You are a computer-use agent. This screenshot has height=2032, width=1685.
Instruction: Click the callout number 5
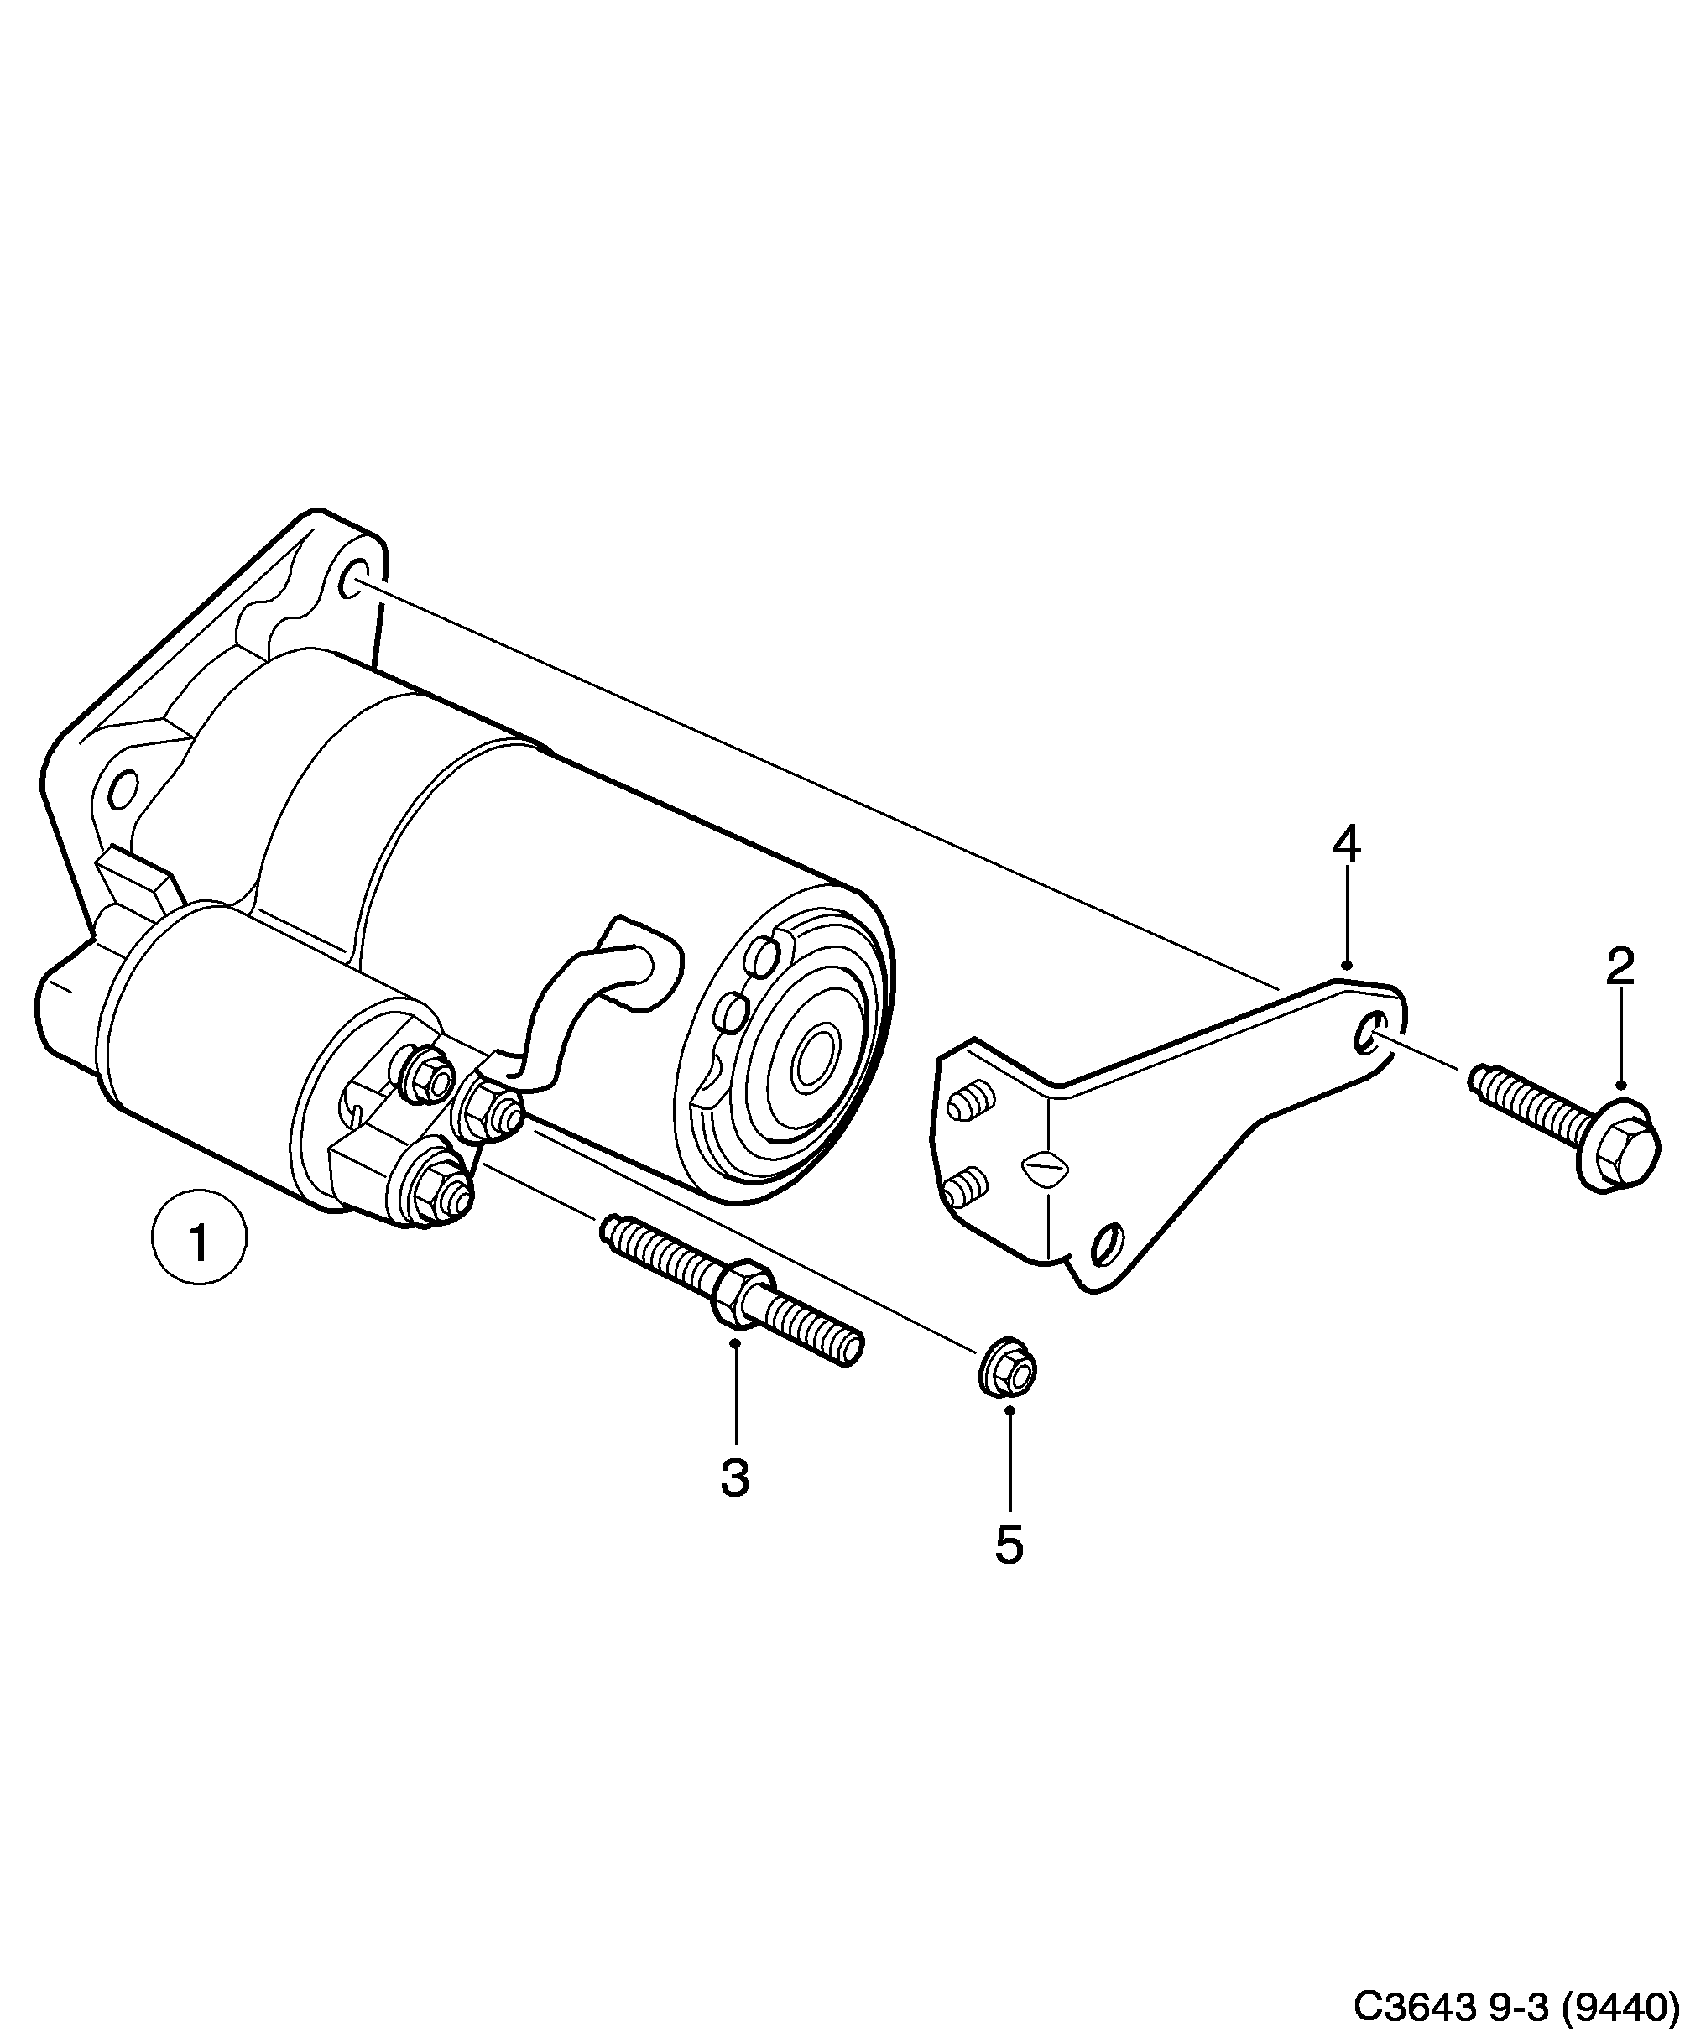(x=1009, y=1545)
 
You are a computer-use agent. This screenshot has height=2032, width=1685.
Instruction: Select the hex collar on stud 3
(x=739, y=1295)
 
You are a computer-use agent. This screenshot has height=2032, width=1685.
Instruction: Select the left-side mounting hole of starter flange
(x=123, y=790)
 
